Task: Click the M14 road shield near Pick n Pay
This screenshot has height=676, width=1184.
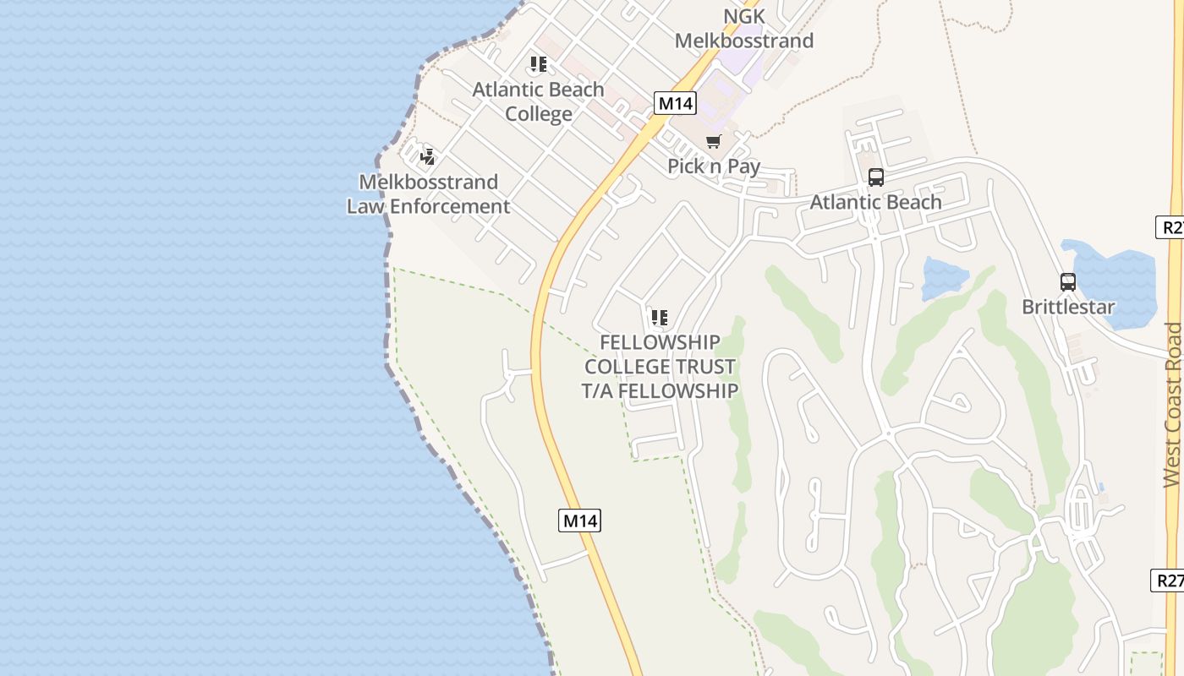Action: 675,104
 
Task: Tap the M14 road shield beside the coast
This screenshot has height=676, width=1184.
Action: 580,521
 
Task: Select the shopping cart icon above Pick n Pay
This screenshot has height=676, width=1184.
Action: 714,141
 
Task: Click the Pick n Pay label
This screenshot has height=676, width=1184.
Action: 714,166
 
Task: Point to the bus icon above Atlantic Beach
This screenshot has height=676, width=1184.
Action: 876,177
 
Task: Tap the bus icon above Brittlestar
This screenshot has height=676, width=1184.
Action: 1068,282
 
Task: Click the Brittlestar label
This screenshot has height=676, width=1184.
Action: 1068,307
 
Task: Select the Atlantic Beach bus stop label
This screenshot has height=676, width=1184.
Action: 876,202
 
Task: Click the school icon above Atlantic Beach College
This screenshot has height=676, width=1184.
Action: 539,64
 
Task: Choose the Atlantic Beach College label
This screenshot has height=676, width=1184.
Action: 539,101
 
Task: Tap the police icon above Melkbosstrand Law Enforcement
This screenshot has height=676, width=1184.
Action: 428,156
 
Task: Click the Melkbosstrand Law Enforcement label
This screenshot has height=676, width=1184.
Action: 429,194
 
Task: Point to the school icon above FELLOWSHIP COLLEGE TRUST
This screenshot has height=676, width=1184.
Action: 660,318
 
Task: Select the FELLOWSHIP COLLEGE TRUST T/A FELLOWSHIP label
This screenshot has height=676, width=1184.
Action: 660,367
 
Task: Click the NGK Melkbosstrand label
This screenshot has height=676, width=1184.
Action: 744,29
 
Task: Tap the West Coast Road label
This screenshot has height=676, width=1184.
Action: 1172,406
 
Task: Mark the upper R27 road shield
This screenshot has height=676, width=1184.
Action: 1171,226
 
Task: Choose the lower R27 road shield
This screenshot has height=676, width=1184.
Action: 1169,581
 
